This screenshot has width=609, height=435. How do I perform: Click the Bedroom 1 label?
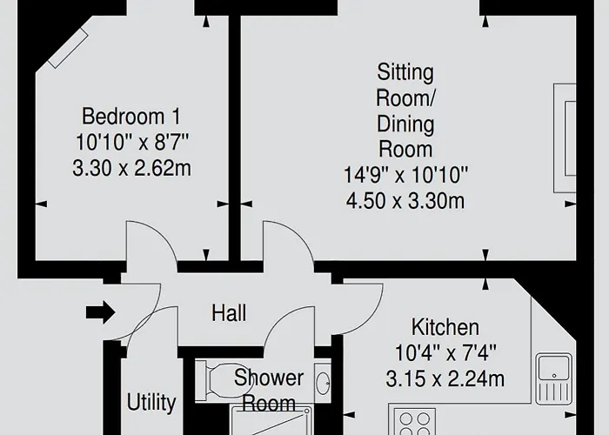pyautogui.click(x=131, y=117)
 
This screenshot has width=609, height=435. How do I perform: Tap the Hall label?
pyautogui.click(x=229, y=312)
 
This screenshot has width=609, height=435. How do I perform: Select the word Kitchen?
pyautogui.click(x=445, y=327)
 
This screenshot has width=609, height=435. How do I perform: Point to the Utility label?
pyautogui.click(x=151, y=402)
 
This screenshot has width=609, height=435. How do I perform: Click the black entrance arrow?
pyautogui.click(x=101, y=312)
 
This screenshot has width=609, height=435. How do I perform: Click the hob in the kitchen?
pyautogui.click(x=414, y=421)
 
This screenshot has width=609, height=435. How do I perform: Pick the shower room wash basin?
pyautogui.click(x=323, y=383)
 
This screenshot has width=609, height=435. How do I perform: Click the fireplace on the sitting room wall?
pyautogui.click(x=565, y=138)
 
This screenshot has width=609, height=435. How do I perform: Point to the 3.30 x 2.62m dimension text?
pyautogui.click(x=131, y=169)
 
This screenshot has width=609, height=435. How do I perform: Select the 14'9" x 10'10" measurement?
pyautogui.click(x=405, y=175)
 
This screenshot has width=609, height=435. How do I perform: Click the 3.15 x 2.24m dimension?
pyautogui.click(x=445, y=378)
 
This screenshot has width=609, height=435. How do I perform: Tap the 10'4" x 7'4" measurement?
pyautogui.click(x=445, y=353)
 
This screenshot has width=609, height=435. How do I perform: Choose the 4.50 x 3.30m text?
pyautogui.click(x=405, y=201)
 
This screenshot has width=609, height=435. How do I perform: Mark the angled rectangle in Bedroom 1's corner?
pyautogui.click(x=68, y=49)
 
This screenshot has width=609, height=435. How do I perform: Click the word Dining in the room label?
pyautogui.click(x=405, y=124)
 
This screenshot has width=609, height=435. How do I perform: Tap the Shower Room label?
pyautogui.click(x=269, y=391)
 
